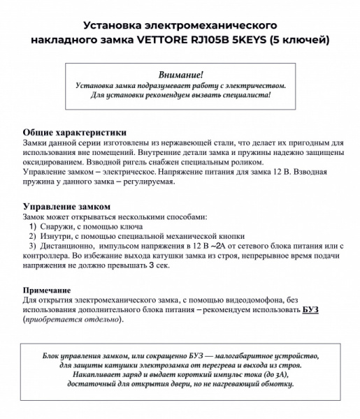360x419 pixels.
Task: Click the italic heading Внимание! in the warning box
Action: pos(180,74)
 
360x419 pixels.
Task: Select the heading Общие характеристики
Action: pos(74,132)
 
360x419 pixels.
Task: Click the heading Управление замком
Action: pos(66,207)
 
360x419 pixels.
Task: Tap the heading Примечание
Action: pos(47,289)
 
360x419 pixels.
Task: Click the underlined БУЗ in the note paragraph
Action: pos(310,309)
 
